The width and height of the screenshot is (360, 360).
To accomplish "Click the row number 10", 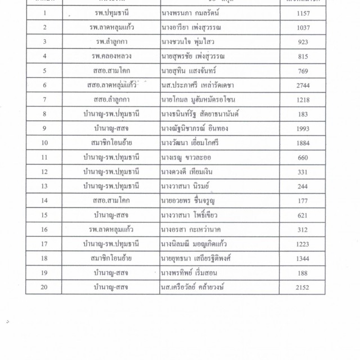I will [x=44, y=143].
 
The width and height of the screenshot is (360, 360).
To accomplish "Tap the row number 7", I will [x=44, y=100].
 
